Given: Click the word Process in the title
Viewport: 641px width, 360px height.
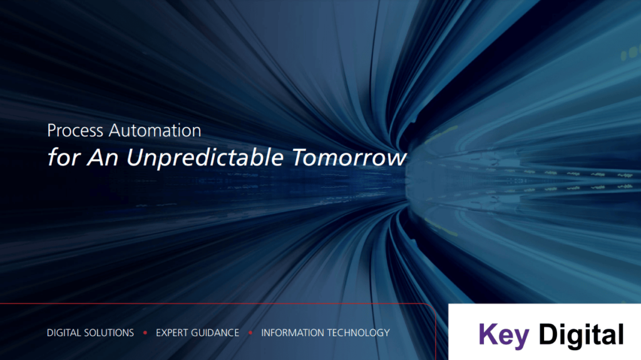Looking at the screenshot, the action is (75, 130).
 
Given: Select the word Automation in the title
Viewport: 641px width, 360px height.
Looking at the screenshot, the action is (155, 130).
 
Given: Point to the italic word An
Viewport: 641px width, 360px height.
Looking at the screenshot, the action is (103, 158).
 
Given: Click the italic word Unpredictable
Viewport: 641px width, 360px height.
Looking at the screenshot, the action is (205, 158).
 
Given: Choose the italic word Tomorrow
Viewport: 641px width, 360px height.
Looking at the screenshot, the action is (349, 158).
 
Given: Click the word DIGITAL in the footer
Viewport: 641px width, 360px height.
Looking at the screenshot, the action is (64, 332).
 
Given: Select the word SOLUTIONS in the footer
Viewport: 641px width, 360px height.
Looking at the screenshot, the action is (109, 332).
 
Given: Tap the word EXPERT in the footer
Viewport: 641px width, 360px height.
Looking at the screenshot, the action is (172, 332).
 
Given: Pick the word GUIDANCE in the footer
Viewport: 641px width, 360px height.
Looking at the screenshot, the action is (215, 332).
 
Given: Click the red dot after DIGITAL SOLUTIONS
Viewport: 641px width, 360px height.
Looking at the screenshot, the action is (145, 333).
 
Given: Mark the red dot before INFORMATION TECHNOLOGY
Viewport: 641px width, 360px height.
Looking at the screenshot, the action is (250, 333).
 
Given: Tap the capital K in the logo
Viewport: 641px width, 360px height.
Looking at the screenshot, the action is (487, 334).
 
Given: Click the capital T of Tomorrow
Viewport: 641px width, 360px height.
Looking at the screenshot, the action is (300, 158).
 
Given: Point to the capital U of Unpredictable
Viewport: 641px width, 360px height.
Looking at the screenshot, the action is (135, 158).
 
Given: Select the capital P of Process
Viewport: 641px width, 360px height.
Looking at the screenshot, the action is (53, 130).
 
